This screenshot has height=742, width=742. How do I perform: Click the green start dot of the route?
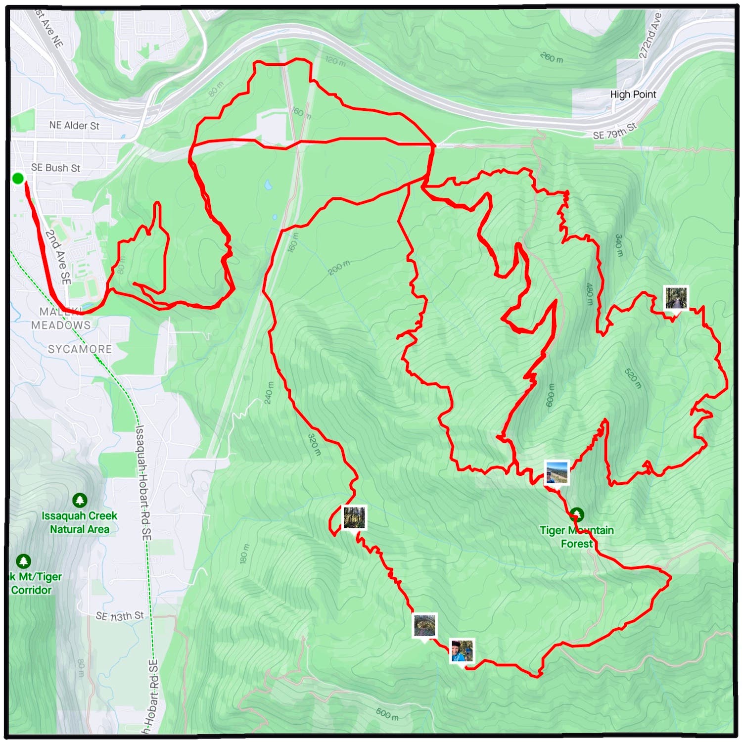pos(18,178)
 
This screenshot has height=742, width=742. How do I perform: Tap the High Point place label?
pos(633,94)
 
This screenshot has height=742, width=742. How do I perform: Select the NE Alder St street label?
pos(74,126)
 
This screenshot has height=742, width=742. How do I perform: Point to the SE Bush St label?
pos(55,168)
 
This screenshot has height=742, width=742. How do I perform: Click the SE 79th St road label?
pos(615,131)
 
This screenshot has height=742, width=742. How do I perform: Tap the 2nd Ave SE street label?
pos(58,257)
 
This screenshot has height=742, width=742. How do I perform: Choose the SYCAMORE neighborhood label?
pos(80,349)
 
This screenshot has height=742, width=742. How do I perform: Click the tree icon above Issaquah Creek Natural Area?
pos(80,501)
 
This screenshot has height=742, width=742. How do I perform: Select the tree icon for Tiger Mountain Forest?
pos(577,514)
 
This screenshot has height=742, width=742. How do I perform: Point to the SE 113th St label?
pos(120,616)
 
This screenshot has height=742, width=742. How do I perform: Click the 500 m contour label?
pos(387,713)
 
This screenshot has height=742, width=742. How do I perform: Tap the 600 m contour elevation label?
pos(550,396)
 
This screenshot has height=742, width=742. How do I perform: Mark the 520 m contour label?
pos(633,378)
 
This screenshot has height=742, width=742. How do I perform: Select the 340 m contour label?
pos(618,245)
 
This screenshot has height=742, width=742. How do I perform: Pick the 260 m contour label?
pos(551,57)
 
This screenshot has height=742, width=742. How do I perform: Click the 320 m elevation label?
pos(315,445)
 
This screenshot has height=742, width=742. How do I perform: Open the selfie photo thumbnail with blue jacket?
pos(462,650)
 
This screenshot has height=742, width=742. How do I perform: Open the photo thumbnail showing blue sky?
pos(556,472)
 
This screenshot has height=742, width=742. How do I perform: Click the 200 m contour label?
pos(338,268)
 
